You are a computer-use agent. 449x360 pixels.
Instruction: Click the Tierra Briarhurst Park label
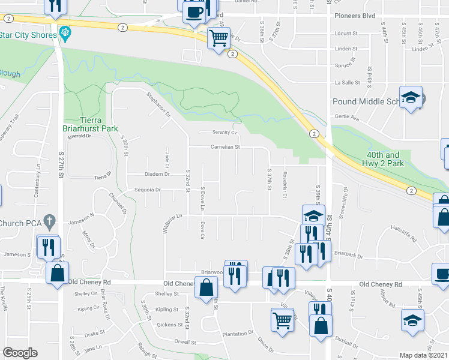(98, 124)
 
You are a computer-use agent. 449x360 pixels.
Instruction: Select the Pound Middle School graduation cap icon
(411, 97)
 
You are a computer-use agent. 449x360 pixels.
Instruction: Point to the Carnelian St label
(225, 146)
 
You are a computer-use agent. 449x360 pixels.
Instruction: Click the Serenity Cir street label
(225, 132)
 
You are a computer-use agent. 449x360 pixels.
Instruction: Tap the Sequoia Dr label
(149, 190)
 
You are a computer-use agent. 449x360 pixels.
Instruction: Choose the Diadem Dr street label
(157, 174)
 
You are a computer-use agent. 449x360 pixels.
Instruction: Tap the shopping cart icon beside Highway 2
(218, 38)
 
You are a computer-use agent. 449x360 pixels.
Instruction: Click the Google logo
(20, 353)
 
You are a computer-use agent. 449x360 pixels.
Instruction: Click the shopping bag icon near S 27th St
(58, 273)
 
